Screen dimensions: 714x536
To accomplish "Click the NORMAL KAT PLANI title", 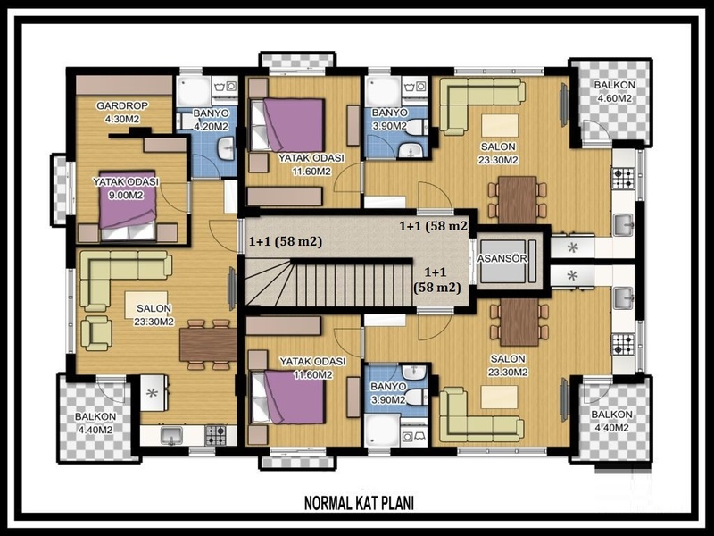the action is click(359, 504).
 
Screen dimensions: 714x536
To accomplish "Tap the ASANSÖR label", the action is click(502, 258).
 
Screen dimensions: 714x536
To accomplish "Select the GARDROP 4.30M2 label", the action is click(122, 113).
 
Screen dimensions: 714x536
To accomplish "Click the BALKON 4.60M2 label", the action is click(614, 92).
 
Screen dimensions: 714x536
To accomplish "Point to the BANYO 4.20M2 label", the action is click(211, 120).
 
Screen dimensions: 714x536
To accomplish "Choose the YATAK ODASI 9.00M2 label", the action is click(126, 188).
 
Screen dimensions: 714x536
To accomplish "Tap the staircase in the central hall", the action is click(328, 284).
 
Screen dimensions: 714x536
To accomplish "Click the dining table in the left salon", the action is click(208, 345).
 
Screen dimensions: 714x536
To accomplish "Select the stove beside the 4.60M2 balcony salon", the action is click(623, 178).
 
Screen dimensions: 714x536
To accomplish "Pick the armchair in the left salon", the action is click(95, 332).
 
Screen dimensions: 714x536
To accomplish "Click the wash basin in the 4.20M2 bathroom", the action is click(226, 149).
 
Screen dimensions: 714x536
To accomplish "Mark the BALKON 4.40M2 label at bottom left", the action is click(95, 423).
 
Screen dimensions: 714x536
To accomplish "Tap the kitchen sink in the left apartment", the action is click(171, 436).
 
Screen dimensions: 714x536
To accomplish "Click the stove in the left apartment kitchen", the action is click(215, 435).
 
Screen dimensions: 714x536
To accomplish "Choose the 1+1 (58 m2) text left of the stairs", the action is click(286, 241).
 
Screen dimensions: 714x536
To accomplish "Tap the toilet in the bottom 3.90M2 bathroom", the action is click(416, 397).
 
